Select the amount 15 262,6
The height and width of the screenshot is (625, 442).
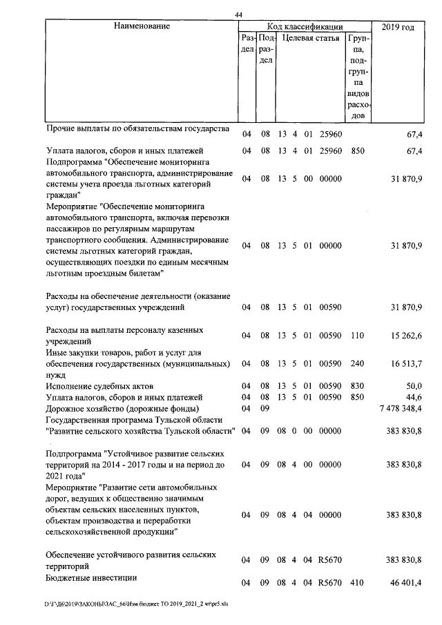point(406,336)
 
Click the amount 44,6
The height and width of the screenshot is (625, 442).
point(413,397)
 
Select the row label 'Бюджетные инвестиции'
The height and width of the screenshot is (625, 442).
point(91,577)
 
